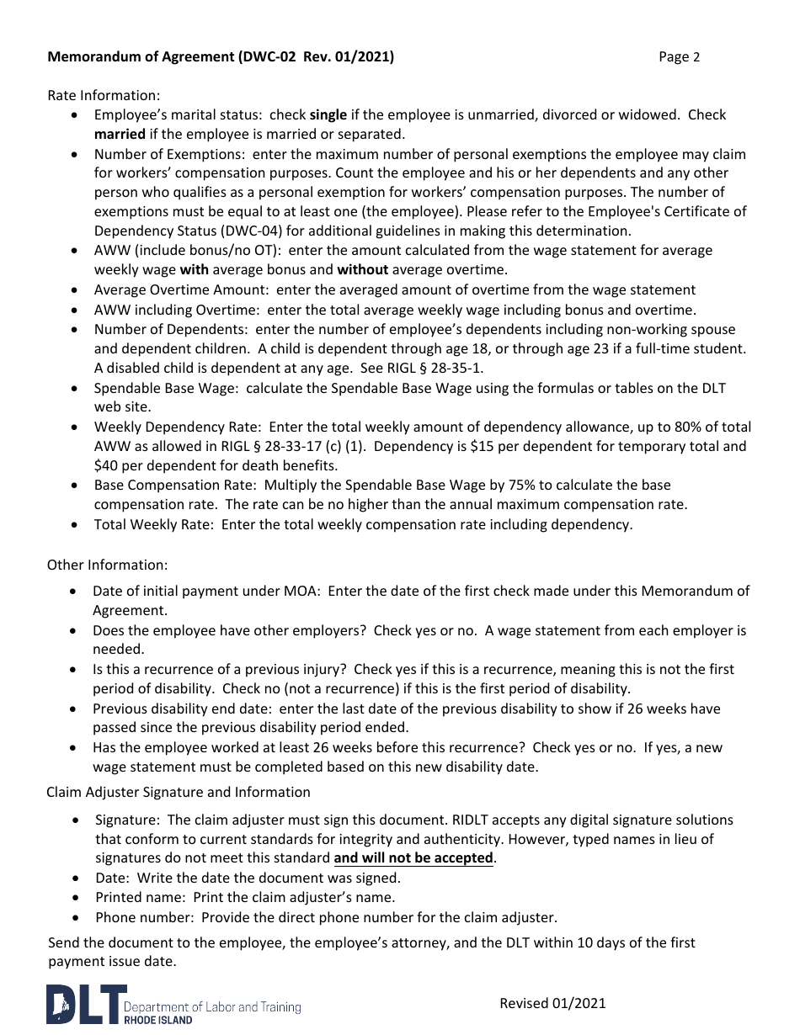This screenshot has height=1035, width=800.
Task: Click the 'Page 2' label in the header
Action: click(x=679, y=57)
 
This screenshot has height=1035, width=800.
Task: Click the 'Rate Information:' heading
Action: click(x=104, y=95)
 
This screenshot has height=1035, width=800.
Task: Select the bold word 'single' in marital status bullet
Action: click(x=328, y=114)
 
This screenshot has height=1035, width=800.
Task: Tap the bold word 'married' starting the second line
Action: click(x=120, y=134)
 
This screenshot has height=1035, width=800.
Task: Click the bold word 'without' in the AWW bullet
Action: click(x=363, y=270)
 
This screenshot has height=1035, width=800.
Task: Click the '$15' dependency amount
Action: click(x=505, y=446)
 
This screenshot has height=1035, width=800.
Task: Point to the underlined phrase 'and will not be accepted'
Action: click(x=413, y=858)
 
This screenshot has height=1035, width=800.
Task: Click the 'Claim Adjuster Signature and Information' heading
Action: click(x=179, y=792)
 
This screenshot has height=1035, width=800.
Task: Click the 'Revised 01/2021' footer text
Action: click(x=552, y=1003)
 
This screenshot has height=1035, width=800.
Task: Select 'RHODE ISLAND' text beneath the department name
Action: click(x=157, y=1019)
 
